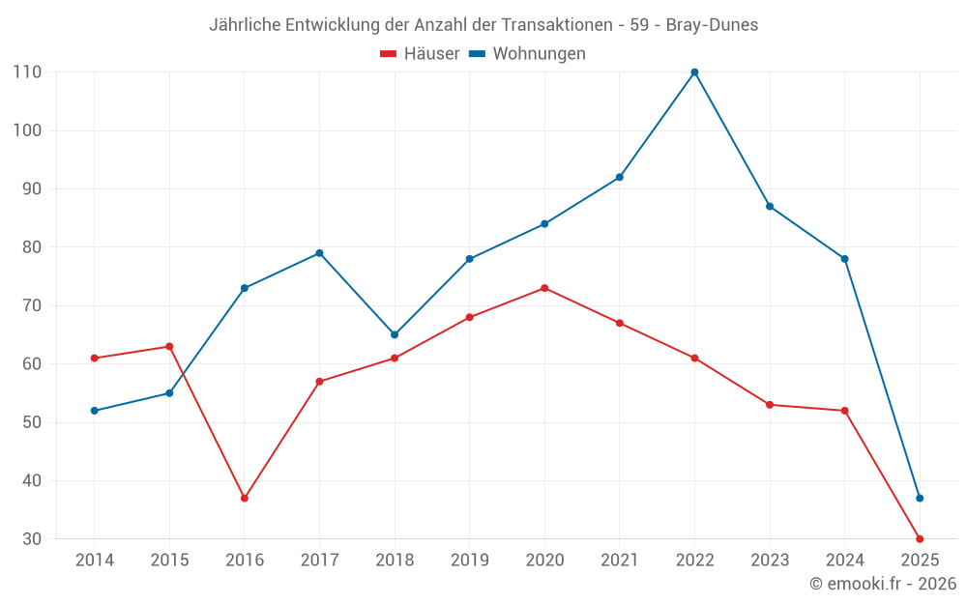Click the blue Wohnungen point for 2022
[694, 72]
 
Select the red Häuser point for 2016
[245, 499]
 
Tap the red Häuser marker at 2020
[544, 288]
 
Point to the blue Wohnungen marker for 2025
[920, 499]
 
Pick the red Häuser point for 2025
[920, 539]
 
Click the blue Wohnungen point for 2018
[395, 334]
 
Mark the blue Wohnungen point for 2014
[95, 411]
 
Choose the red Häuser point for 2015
[169, 346]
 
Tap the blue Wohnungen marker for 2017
[319, 253]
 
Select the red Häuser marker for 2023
[770, 405]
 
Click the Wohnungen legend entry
[539, 54]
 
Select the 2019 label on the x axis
[469, 561]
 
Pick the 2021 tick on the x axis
[620, 561]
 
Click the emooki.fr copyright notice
[883, 584]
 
